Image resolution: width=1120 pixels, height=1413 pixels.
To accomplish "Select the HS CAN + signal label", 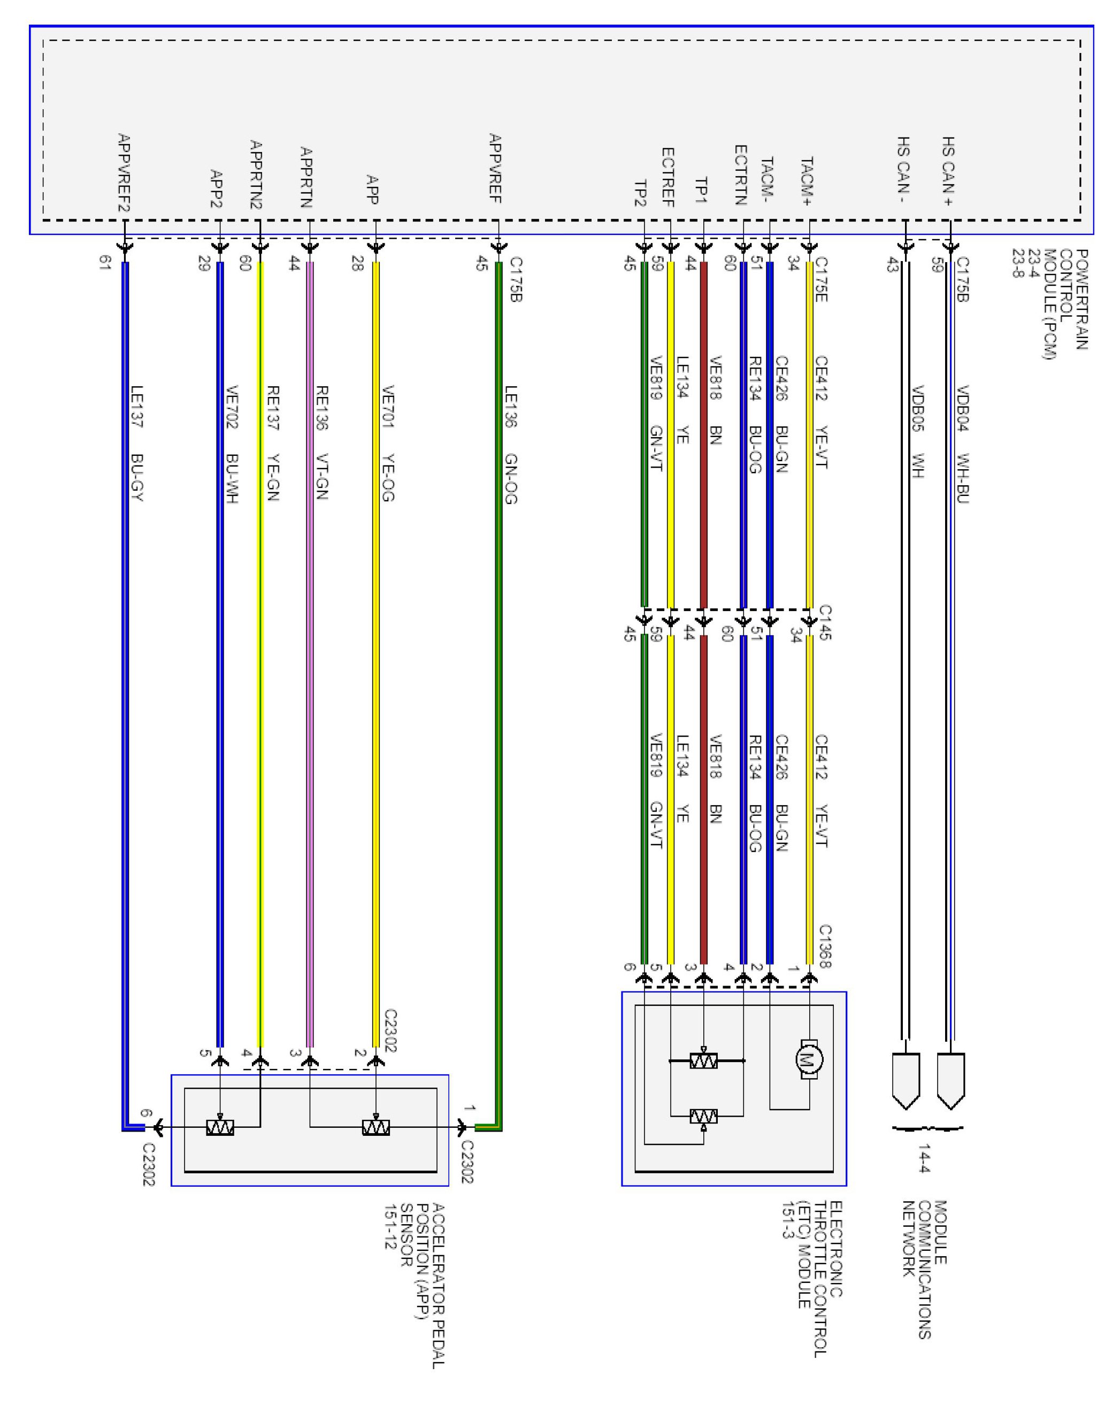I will coord(948,172).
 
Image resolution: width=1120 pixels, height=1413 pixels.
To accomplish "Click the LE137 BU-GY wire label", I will coord(137,443).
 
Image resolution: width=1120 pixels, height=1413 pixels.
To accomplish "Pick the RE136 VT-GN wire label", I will coord(321,443).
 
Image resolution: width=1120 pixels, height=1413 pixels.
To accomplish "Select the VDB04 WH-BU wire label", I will coord(963,444).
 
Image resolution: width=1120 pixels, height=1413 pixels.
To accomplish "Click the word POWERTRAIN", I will coord(1081,300).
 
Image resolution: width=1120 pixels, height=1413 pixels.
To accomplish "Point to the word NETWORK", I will coord(908,1239).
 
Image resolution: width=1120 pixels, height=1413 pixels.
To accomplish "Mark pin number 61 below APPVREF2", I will coord(104,263).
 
